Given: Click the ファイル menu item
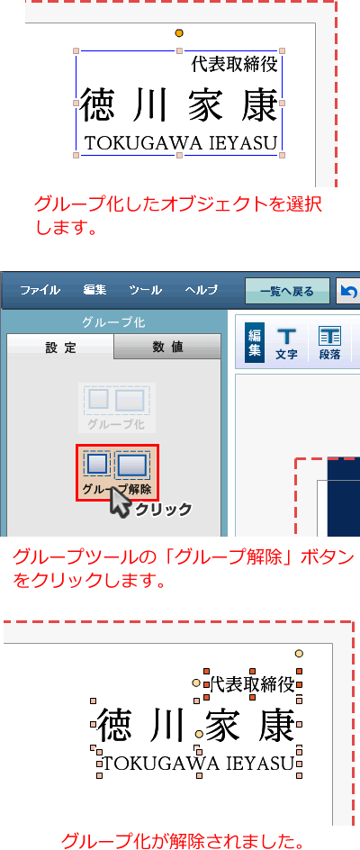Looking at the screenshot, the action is tap(40, 290).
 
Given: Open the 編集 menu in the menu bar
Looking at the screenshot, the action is tap(94, 290).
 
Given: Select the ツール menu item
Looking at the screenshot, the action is tap(145, 290).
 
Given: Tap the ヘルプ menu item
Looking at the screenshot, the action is tap(201, 290).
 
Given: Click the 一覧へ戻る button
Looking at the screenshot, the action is tap(287, 291).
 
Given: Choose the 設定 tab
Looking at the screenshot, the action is tap(60, 347).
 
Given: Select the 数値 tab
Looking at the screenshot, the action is tap(167, 347).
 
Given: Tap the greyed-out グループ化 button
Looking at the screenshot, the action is tap(117, 408).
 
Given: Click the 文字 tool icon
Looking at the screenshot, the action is tap(286, 344).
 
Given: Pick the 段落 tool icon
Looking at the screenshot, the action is tap(329, 344).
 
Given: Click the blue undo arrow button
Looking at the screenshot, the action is tap(348, 292).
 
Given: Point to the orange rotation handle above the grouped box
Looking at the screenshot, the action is tap(179, 33).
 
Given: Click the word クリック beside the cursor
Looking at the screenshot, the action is tap(164, 510).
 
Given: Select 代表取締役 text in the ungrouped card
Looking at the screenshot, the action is tap(252, 684).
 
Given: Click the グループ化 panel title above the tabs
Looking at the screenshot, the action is tap(114, 322).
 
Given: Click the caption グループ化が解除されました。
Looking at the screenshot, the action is tap(181, 841).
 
